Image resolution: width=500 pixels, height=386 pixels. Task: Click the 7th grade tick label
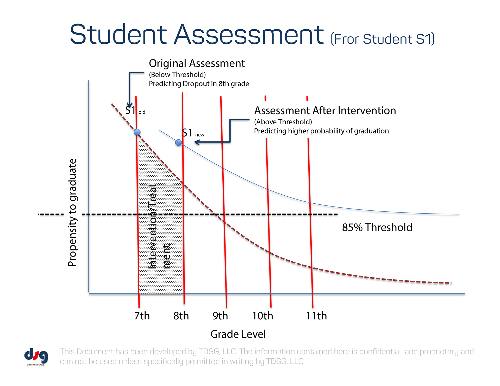142,316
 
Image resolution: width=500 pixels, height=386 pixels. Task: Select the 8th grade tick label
181,316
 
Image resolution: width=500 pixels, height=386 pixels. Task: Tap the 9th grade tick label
220,316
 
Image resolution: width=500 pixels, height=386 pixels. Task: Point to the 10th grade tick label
262,316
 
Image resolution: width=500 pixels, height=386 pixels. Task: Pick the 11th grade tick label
316,316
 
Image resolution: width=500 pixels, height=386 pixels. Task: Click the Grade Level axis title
238,334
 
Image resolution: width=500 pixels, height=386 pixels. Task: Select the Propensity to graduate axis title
72,213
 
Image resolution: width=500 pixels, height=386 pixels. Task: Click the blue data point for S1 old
137,132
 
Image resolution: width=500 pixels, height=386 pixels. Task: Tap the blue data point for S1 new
178,143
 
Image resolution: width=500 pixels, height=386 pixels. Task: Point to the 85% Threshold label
377,227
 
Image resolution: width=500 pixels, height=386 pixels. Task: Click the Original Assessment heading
197,63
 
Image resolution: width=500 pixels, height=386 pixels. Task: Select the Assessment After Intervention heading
325,111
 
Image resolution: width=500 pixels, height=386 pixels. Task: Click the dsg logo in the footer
36,356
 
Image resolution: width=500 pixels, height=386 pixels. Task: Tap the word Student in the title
118,34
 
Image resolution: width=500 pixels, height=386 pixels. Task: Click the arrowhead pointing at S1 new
197,142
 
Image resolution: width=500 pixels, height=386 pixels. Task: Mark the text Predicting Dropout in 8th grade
199,84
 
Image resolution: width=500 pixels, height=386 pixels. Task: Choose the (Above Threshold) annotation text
283,122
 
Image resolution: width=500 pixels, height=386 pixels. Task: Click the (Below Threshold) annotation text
177,75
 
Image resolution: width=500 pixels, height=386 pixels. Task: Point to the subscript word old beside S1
142,112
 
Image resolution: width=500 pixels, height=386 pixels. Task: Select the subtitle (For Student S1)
383,39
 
